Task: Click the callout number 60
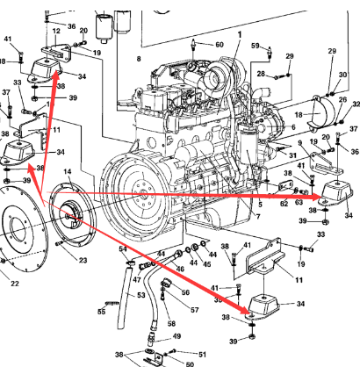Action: (x=219, y=44)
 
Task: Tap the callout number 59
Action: (x=256, y=46)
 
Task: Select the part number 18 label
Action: (x=298, y=115)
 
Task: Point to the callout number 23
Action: (x=83, y=260)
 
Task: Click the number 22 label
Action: (x=14, y=283)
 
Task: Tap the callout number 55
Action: (x=101, y=311)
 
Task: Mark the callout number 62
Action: (x=284, y=205)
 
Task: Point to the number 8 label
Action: (x=138, y=58)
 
